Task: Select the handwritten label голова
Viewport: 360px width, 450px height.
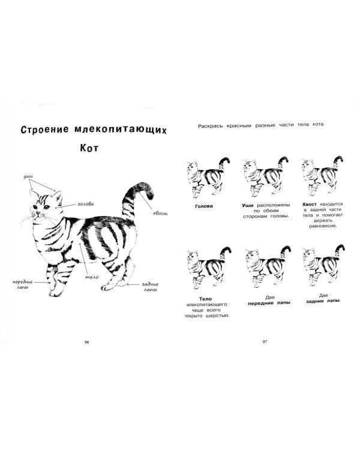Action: [85, 204]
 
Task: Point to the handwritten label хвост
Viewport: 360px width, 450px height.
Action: [160, 214]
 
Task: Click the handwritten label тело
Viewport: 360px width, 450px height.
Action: [92, 277]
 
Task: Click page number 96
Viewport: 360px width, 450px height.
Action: [86, 342]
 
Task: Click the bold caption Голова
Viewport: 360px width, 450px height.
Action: [205, 206]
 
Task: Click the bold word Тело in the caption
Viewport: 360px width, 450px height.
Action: [205, 298]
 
